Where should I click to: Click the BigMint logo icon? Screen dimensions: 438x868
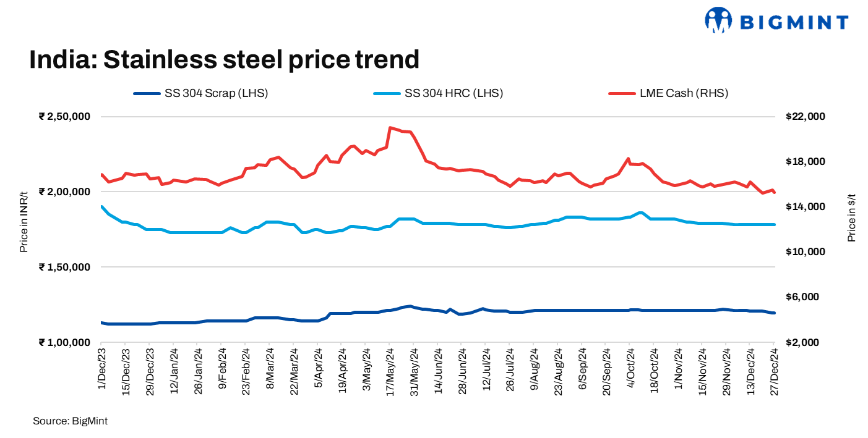718,20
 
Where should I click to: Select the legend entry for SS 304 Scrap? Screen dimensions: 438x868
200,93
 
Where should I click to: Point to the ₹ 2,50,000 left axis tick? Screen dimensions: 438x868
65,117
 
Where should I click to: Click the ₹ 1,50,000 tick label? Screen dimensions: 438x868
65,267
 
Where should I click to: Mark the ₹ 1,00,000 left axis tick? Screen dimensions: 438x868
65,342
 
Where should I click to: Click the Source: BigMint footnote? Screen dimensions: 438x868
70,421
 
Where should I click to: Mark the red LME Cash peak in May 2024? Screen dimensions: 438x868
390,128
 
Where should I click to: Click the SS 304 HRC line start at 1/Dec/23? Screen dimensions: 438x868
101,206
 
